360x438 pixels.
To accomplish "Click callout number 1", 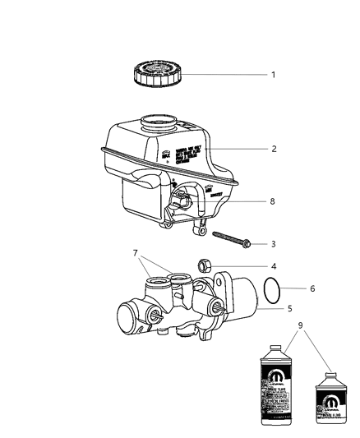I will click(x=273, y=75).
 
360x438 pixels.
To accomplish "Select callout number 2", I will click(x=273, y=149).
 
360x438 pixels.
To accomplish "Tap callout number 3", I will click(x=273, y=244).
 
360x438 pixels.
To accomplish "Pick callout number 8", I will click(x=273, y=200).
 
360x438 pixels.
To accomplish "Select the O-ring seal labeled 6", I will click(x=275, y=290).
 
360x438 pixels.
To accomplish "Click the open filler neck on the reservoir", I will click(x=158, y=125).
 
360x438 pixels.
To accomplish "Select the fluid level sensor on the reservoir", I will click(x=184, y=201).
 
